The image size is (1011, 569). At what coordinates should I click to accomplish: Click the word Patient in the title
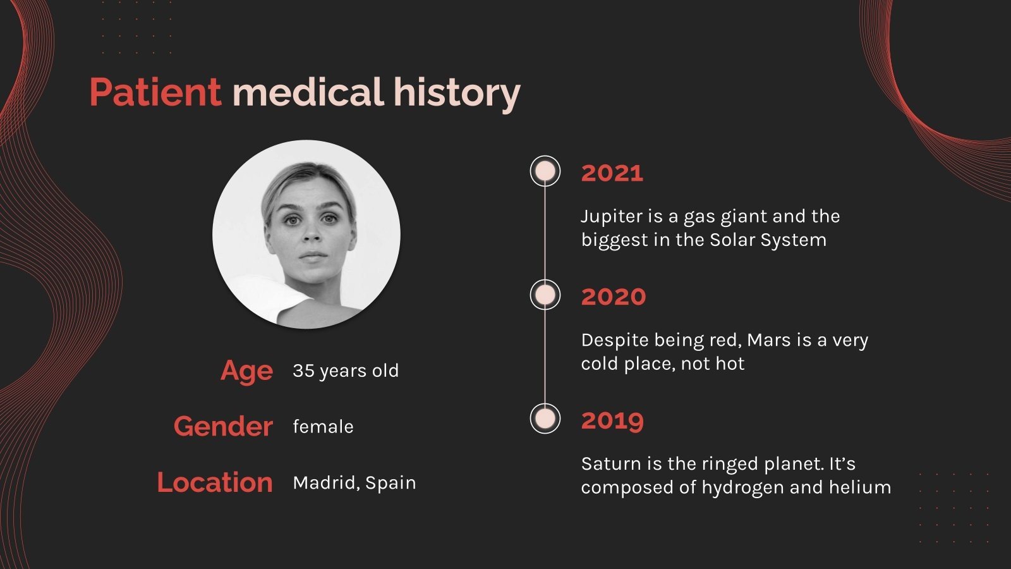point(155,92)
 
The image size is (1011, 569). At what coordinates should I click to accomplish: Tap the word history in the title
point(456,94)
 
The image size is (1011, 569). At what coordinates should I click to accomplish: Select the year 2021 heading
point(612,173)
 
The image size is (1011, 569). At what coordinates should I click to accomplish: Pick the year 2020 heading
point(613,297)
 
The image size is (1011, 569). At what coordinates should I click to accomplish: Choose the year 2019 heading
point(612,420)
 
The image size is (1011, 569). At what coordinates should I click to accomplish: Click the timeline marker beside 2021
point(545,171)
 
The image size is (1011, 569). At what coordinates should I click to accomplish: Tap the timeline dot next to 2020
point(545,295)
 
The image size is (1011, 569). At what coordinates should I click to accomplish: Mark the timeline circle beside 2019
point(545,419)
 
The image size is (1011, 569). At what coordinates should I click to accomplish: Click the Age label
point(246,371)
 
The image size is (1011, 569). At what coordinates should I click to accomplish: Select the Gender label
point(223,427)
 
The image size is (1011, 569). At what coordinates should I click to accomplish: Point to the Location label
point(215,483)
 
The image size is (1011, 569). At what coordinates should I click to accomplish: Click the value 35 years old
point(346,371)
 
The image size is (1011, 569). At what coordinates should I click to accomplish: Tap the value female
point(323,427)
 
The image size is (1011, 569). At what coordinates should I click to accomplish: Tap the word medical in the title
point(308,92)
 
